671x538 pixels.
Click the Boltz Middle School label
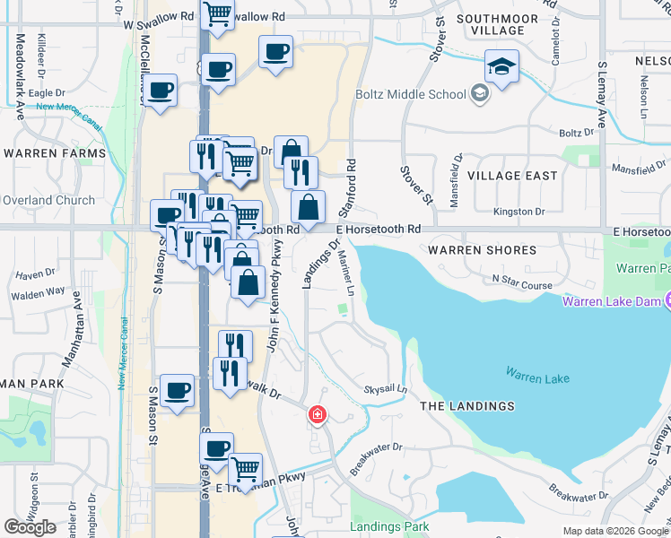pos(411,94)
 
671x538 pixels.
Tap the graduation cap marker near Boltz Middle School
pos(501,66)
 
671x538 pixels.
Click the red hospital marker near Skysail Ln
pos(317,415)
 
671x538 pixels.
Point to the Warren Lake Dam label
pos(610,300)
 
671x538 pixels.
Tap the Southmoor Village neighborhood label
pos(497,24)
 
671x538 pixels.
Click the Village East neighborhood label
pos(512,176)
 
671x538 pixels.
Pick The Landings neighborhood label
pos(467,406)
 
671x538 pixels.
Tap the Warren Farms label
pos(54,153)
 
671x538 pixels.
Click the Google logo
pos(30,526)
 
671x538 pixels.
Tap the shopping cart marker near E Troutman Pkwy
pos(245,467)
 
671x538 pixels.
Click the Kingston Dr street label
pos(520,212)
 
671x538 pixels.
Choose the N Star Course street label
pos(522,285)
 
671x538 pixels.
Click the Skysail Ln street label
pos(385,390)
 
